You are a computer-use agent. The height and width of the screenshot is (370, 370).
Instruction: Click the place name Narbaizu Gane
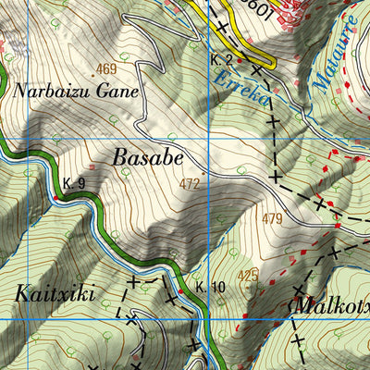click(x=76, y=92)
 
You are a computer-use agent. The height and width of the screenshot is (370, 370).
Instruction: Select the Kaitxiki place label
click(x=55, y=294)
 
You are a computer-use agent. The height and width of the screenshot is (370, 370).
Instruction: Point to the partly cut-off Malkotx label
click(x=331, y=304)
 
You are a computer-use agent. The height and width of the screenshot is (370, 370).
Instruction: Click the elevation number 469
click(x=106, y=69)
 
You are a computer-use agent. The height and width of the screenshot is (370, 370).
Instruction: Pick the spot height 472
click(x=190, y=185)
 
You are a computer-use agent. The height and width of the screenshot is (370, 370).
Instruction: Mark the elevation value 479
click(x=271, y=218)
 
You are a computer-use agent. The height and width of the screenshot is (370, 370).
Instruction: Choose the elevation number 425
click(x=247, y=276)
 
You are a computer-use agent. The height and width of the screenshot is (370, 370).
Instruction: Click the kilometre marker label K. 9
click(x=75, y=184)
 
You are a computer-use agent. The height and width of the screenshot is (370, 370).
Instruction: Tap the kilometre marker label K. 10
click(x=210, y=288)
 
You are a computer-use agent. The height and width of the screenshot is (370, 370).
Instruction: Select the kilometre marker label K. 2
click(x=219, y=59)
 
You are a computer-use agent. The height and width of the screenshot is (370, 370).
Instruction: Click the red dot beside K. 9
click(x=56, y=196)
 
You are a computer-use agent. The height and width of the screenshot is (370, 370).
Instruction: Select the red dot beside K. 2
click(x=240, y=60)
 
